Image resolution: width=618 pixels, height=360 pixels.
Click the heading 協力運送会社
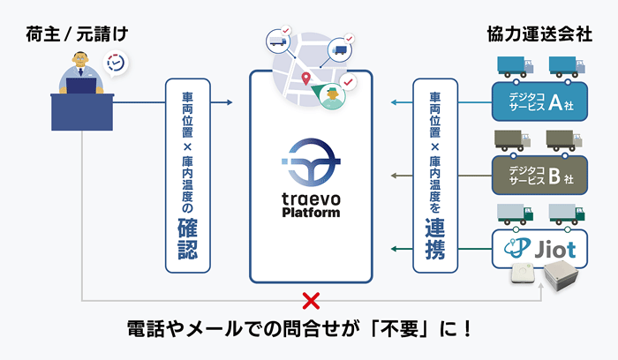tap(539, 34)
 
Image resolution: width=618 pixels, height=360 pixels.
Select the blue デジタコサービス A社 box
tap(539, 101)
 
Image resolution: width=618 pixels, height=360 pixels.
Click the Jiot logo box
tap(539, 247)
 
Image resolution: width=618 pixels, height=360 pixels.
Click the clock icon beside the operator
tap(115, 64)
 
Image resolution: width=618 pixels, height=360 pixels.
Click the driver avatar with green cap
tap(329, 96)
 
